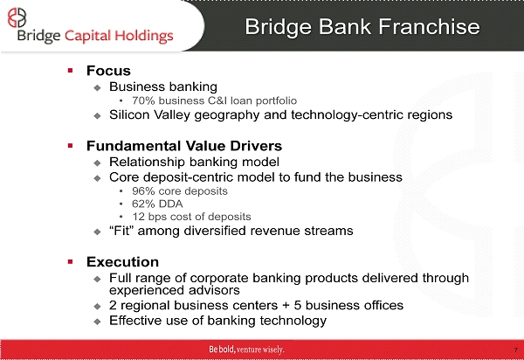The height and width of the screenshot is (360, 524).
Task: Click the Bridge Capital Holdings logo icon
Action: click(x=17, y=17)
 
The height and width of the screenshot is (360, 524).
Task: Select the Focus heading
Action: click(x=108, y=71)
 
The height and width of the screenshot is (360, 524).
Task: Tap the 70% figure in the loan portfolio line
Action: click(x=143, y=100)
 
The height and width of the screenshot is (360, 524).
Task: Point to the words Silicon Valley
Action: click(x=150, y=115)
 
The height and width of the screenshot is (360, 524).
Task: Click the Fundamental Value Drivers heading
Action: click(x=184, y=146)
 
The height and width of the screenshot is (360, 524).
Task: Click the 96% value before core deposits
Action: click(x=143, y=191)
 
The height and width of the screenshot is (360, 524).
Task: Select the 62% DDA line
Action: click(x=157, y=204)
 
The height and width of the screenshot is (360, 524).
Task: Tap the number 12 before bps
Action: click(x=138, y=217)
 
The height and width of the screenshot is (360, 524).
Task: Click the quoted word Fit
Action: click(x=121, y=231)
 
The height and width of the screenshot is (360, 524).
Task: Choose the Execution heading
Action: click(x=122, y=262)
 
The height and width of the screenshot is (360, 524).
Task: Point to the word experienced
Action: click(x=147, y=290)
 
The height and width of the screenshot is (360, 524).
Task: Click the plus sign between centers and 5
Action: click(x=286, y=306)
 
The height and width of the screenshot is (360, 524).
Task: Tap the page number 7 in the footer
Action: click(x=516, y=350)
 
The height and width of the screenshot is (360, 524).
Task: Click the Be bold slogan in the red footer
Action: click(x=246, y=350)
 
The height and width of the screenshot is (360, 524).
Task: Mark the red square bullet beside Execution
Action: click(x=70, y=262)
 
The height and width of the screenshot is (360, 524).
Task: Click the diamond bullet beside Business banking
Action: click(x=97, y=88)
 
